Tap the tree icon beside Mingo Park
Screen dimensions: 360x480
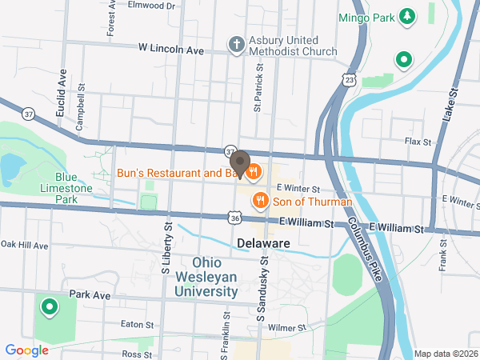tap(408, 15)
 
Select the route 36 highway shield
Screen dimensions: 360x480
tap(234, 217)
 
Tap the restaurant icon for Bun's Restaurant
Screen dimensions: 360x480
tap(254, 170)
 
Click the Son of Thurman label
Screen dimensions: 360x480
tap(312, 202)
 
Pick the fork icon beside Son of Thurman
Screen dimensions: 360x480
tap(259, 201)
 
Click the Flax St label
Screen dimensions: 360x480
tap(417, 142)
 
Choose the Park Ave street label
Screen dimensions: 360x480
tap(89, 295)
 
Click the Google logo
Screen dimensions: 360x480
tap(26, 350)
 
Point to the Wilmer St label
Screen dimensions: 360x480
tap(287, 328)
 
